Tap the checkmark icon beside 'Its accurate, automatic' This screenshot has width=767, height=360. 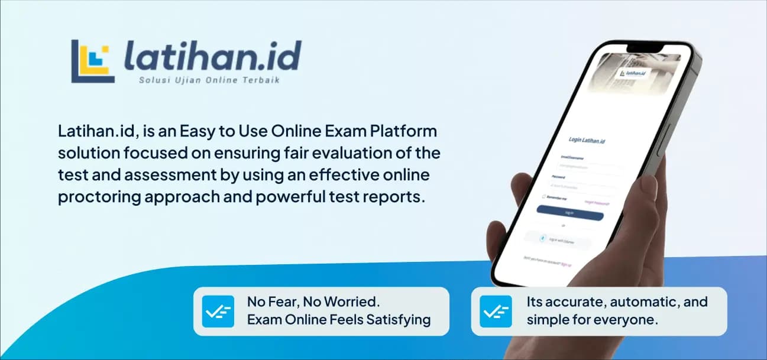click(496, 311)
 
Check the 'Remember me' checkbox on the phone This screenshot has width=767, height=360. click(543, 196)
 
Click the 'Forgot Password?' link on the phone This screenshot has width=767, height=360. click(597, 203)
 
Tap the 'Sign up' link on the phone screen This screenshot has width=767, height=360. click(566, 264)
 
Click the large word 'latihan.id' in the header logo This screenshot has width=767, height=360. click(212, 58)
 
